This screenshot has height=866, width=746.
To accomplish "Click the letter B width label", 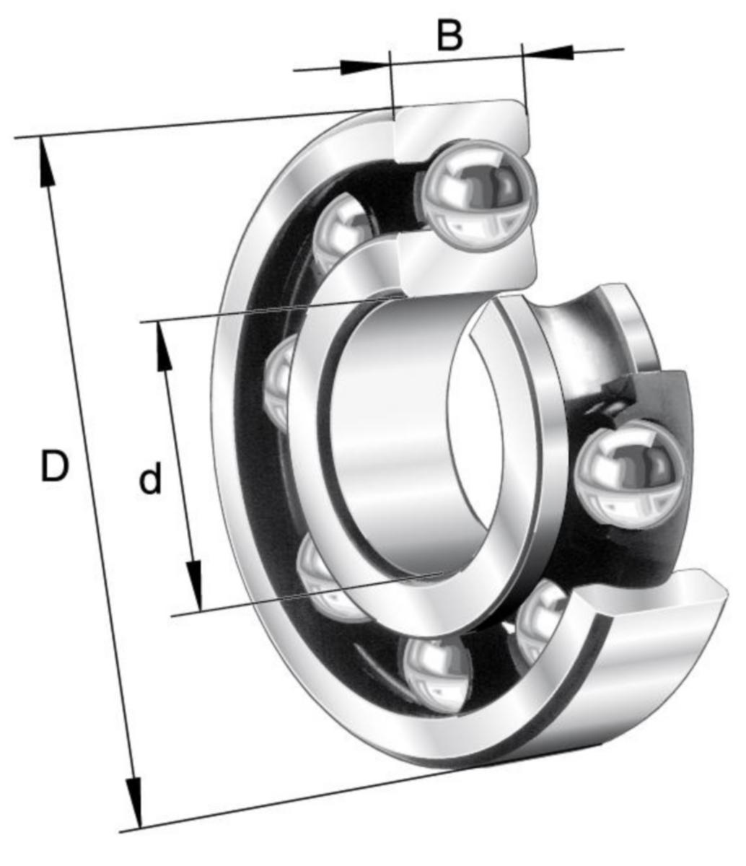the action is tap(449, 35).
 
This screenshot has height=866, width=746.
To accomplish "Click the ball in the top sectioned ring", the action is tap(475, 196).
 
